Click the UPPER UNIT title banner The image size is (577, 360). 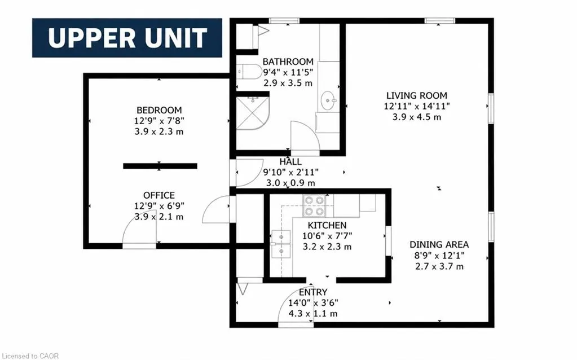(127, 38)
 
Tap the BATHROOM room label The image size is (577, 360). (288, 62)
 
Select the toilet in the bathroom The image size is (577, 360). (244, 72)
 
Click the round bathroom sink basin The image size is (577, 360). (328, 100)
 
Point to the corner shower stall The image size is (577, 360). (252, 113)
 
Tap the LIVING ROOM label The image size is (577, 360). (417, 96)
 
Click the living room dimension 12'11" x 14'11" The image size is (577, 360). (417, 107)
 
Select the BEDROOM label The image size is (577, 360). (159, 110)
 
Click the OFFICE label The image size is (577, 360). (159, 195)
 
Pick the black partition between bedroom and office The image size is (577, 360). (160, 166)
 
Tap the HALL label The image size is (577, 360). (290, 161)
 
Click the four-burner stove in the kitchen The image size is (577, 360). (315, 205)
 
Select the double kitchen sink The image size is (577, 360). (281, 244)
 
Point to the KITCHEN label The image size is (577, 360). (327, 225)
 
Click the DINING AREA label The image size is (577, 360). (439, 244)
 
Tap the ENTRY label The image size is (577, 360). (313, 292)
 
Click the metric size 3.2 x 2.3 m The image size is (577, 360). (327, 247)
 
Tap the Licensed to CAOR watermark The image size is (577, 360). (30, 356)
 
